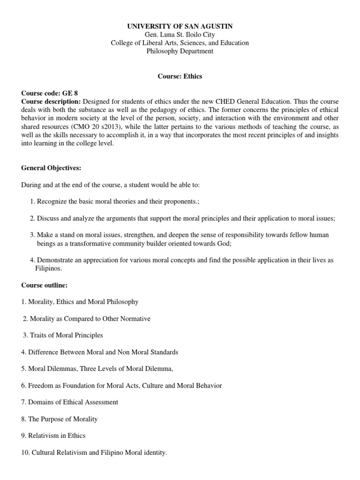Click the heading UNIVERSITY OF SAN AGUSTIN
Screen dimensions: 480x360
pos(180,26)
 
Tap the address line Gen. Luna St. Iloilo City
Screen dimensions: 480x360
pos(180,35)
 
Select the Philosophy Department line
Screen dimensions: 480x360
pos(180,52)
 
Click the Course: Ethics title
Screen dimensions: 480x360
pos(180,77)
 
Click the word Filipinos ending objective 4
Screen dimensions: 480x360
pos(48,269)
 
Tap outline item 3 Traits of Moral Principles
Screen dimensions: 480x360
pos(63,335)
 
